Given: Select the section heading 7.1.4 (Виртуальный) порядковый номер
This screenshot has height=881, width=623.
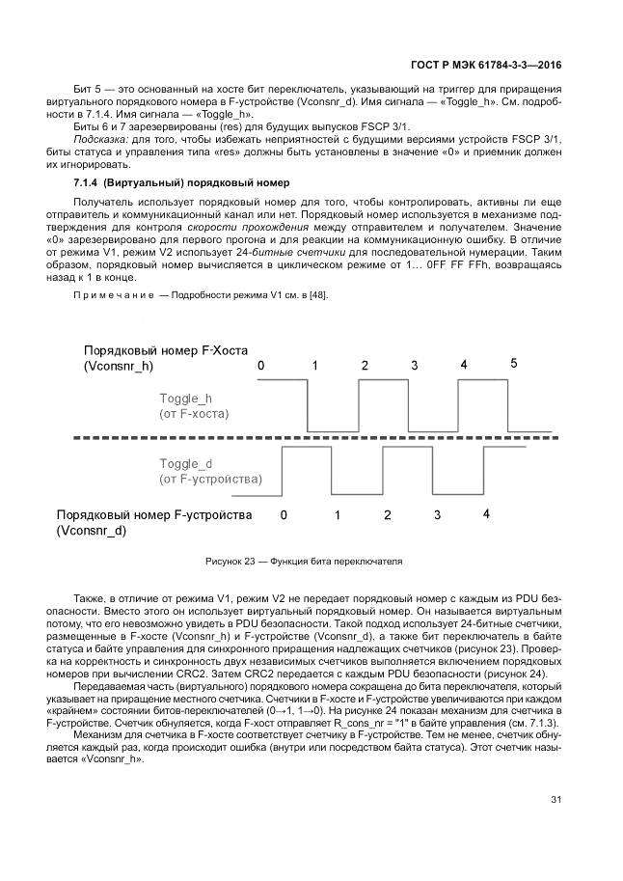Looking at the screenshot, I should (181, 183).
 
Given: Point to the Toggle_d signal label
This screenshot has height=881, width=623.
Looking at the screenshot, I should (185, 463).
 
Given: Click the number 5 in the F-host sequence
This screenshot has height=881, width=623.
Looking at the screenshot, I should (514, 364).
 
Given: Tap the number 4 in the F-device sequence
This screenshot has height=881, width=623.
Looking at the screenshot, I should (486, 513).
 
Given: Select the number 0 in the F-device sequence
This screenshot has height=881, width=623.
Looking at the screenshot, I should (284, 515).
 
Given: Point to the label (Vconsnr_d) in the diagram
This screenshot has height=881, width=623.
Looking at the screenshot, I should (92, 532).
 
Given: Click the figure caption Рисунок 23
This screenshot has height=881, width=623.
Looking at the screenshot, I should (304, 561).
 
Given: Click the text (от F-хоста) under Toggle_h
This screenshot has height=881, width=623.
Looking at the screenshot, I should (194, 414).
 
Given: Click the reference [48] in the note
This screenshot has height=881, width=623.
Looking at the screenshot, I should (316, 294).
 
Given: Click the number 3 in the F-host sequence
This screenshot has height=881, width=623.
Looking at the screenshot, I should (414, 367).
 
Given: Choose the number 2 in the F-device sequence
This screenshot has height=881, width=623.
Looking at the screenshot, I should (387, 515).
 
